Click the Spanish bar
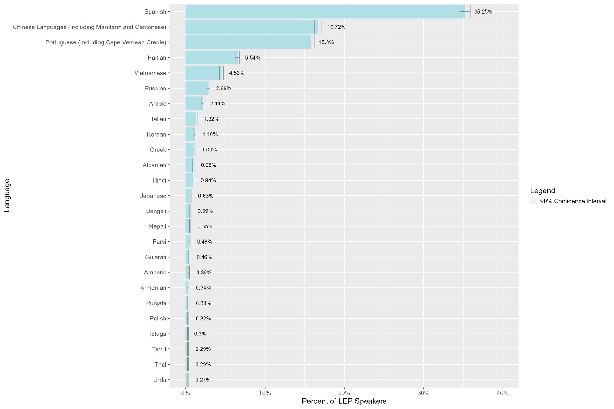click(x=323, y=12)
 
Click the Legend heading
click(x=542, y=191)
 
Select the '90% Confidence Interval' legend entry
click(x=573, y=201)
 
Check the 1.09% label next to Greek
click(x=209, y=150)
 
